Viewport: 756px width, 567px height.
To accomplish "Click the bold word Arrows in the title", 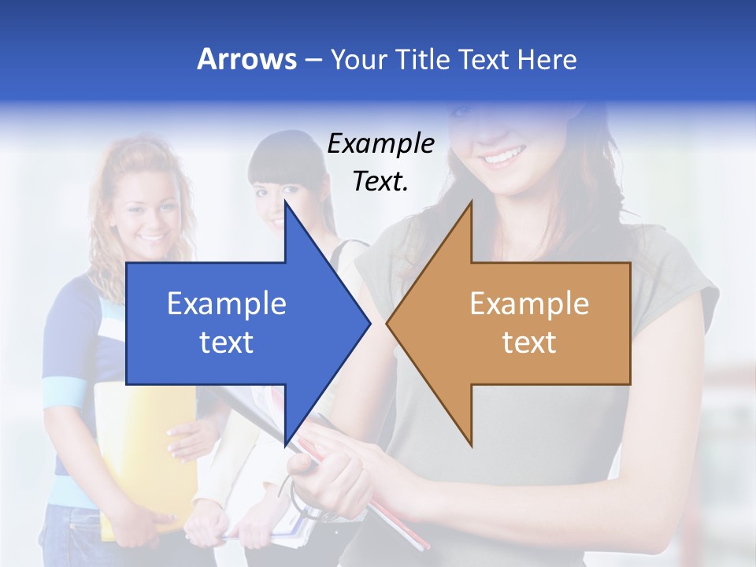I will (246, 59).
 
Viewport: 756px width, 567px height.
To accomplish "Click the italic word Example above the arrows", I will (380, 144).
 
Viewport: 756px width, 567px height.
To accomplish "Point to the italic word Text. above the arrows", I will (380, 181).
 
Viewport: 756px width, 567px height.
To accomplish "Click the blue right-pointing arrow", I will (236, 323).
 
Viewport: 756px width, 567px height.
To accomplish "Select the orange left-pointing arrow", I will (520, 323).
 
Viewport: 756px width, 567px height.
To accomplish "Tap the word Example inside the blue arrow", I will (227, 304).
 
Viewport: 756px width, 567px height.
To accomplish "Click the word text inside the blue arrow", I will (227, 343).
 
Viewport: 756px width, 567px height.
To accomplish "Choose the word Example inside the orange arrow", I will (529, 304).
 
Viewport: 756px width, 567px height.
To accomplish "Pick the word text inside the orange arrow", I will (529, 343).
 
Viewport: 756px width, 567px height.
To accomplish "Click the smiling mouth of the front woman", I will (502, 157).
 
